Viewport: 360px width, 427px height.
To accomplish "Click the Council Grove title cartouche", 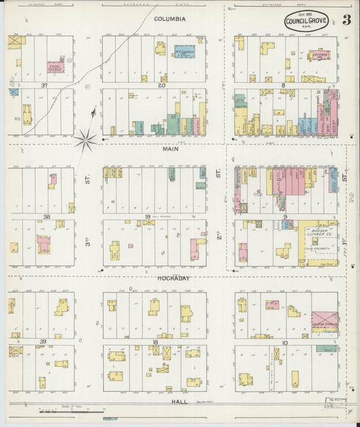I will (308, 21).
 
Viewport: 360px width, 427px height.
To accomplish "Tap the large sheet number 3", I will (346, 19).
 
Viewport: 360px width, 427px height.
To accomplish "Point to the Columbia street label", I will (170, 19).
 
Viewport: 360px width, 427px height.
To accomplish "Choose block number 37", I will (44, 86).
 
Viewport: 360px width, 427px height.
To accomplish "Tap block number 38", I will (46, 217).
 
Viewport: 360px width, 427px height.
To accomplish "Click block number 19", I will (147, 217).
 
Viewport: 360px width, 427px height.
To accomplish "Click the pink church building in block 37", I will (53, 66).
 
